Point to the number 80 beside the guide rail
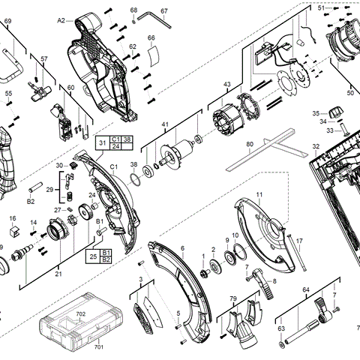[250, 144]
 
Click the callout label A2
[61, 21]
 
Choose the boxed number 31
[103, 141]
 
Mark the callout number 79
[233, 298]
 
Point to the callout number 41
[166, 124]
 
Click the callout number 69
[7, 22]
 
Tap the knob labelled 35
[337, 112]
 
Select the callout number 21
[58, 274]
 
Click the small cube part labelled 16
[13, 220]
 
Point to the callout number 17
[298, 241]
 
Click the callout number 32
[316, 146]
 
